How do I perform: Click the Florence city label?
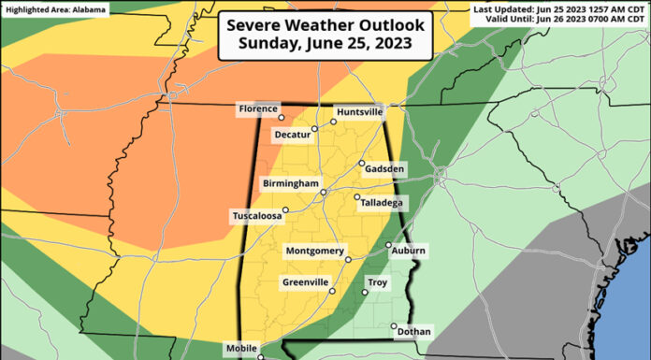click(258, 109)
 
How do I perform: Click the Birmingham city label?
click(291, 183)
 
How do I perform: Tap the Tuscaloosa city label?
click(257, 217)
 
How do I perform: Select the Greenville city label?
click(305, 282)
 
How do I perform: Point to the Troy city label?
click(377, 282)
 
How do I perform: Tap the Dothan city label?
click(414, 332)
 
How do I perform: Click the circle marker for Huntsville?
click(333, 122)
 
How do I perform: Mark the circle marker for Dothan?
click(394, 326)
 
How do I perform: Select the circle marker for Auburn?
click(388, 246)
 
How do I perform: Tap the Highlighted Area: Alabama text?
click(55, 8)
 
